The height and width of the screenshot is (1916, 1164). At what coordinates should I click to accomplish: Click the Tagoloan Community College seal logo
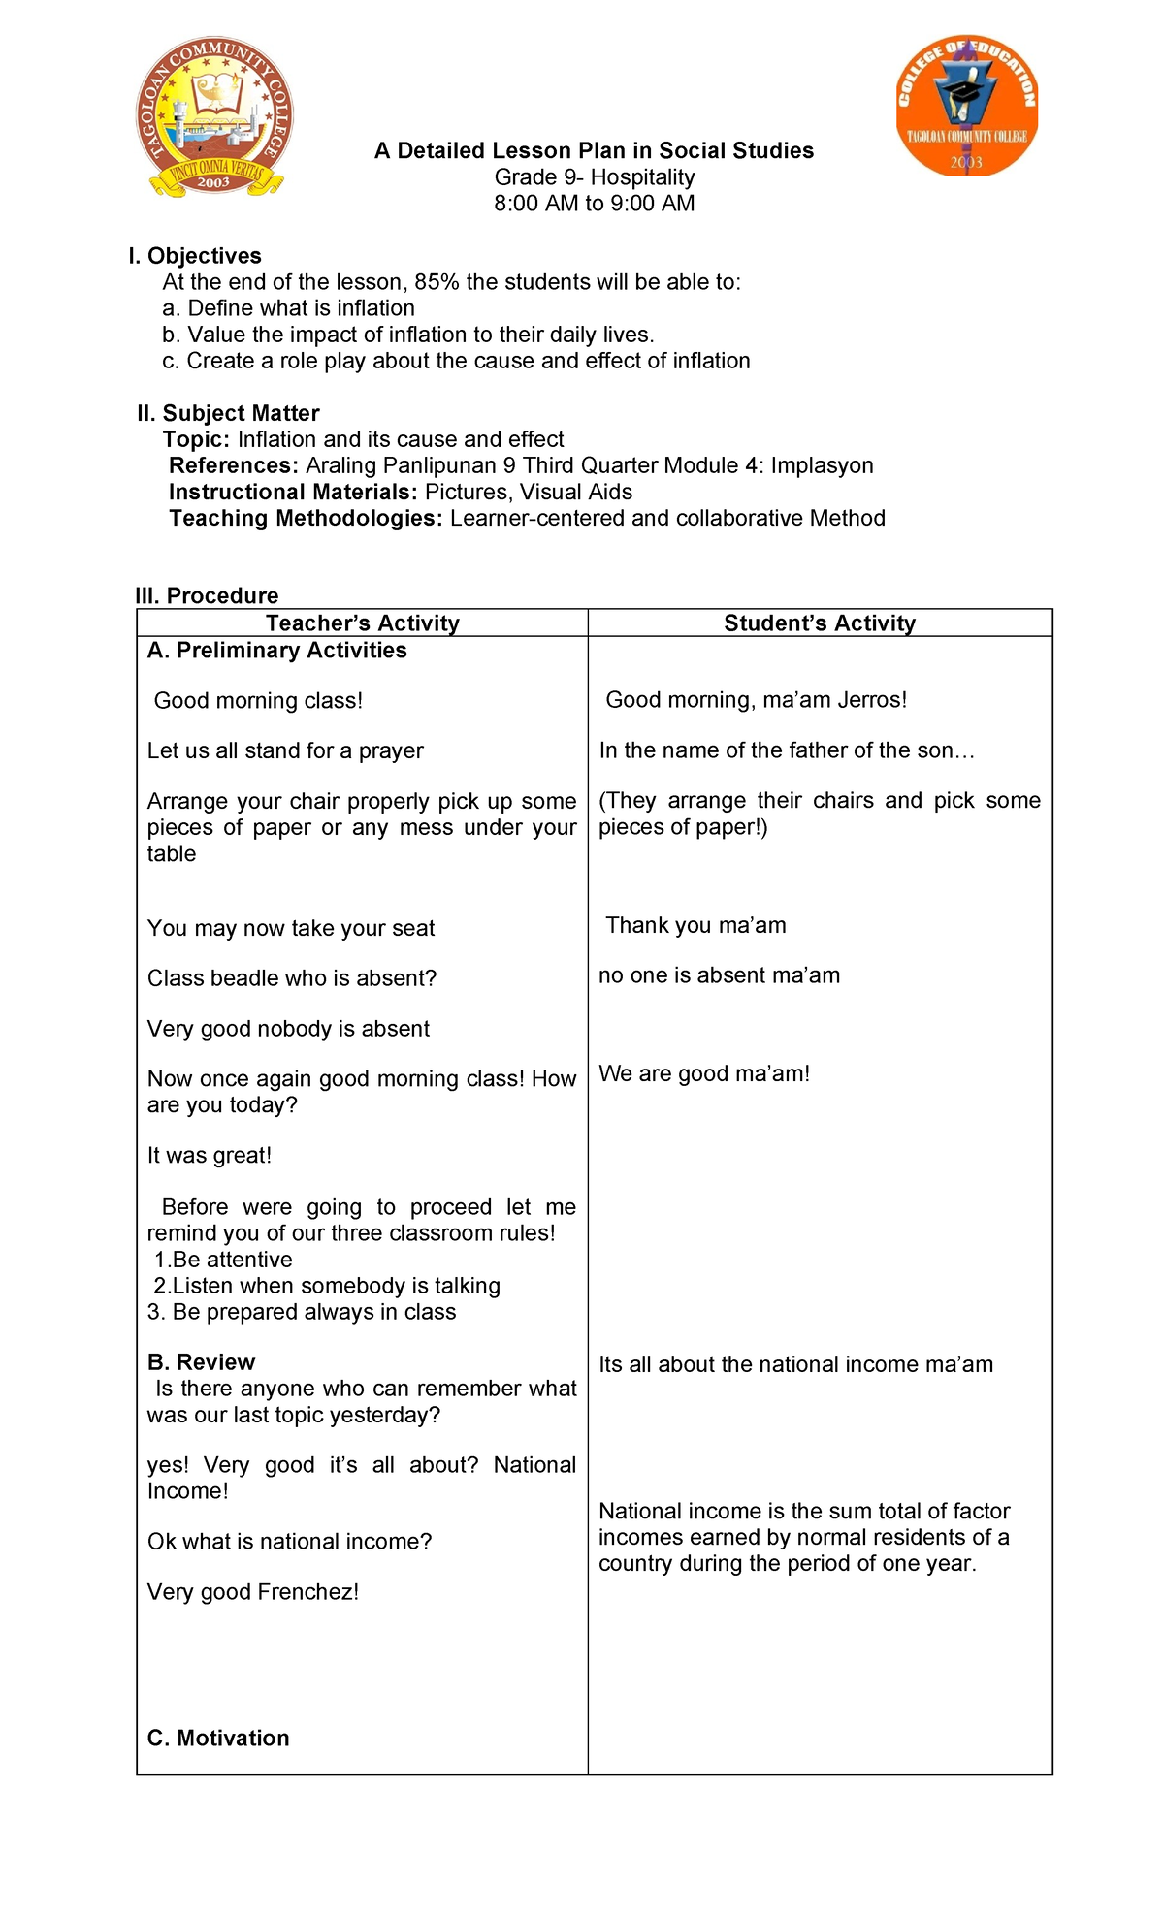tap(214, 116)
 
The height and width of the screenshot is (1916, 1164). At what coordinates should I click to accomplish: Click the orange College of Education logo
tap(966, 106)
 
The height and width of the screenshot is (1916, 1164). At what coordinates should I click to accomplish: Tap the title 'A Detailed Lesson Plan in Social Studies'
tap(594, 150)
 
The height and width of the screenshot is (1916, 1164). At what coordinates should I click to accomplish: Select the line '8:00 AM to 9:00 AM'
tap(594, 204)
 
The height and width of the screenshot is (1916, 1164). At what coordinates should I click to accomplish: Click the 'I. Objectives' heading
tap(195, 256)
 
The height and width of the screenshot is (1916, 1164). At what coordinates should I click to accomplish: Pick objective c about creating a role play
tap(456, 361)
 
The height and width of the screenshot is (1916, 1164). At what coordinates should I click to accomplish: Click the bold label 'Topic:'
tap(196, 439)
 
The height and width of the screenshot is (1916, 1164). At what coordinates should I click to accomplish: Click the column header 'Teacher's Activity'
tap(363, 623)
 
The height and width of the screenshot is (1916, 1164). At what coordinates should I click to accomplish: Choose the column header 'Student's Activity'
tap(820, 623)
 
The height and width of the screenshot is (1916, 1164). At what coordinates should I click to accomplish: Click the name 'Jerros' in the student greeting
tap(869, 700)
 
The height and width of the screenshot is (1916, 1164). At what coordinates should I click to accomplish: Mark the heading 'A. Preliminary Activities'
tap(276, 651)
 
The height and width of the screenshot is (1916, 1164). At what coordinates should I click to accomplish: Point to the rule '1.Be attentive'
tap(223, 1260)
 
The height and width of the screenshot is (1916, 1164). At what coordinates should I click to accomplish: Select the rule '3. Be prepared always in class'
tap(301, 1312)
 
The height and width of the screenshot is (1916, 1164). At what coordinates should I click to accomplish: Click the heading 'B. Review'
tap(201, 1362)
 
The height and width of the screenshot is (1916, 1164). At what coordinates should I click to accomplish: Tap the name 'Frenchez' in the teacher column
tap(309, 1592)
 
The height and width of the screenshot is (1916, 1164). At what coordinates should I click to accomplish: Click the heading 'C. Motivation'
tap(218, 1739)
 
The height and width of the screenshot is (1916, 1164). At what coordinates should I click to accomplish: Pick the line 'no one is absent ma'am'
tap(719, 975)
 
